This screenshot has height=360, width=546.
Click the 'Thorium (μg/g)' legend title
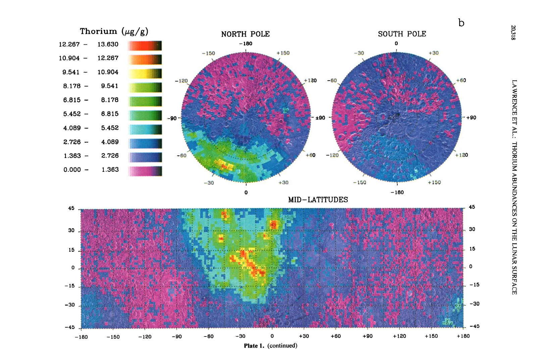pos(114,31)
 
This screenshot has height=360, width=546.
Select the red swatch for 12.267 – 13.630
pos(145,46)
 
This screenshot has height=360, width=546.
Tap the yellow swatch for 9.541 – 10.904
pos(145,73)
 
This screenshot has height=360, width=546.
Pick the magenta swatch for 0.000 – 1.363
pos(145,171)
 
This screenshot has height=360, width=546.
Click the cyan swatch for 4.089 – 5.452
pos(145,129)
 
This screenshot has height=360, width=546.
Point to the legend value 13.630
pos(108,44)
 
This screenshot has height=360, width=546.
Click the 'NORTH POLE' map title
pos(245,34)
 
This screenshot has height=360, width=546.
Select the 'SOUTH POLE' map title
pos(402,34)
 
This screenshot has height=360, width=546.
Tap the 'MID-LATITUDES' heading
pos(318,200)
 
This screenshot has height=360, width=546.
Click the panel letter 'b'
pos(461,23)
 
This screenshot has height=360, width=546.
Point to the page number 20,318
pos(513,33)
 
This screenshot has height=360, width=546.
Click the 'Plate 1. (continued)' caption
pos(270,346)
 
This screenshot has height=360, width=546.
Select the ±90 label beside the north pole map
pos(320,118)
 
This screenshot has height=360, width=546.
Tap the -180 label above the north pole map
pos(246,44)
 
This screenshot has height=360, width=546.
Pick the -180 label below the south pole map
pos(397,192)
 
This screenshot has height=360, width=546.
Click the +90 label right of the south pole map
pos(471,118)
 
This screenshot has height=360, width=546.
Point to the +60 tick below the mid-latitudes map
pos(336,336)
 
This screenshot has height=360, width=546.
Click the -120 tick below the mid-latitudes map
pos(145,337)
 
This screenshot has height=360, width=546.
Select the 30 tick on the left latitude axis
pos(71,230)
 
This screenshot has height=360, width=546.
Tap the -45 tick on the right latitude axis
pos(474,326)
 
